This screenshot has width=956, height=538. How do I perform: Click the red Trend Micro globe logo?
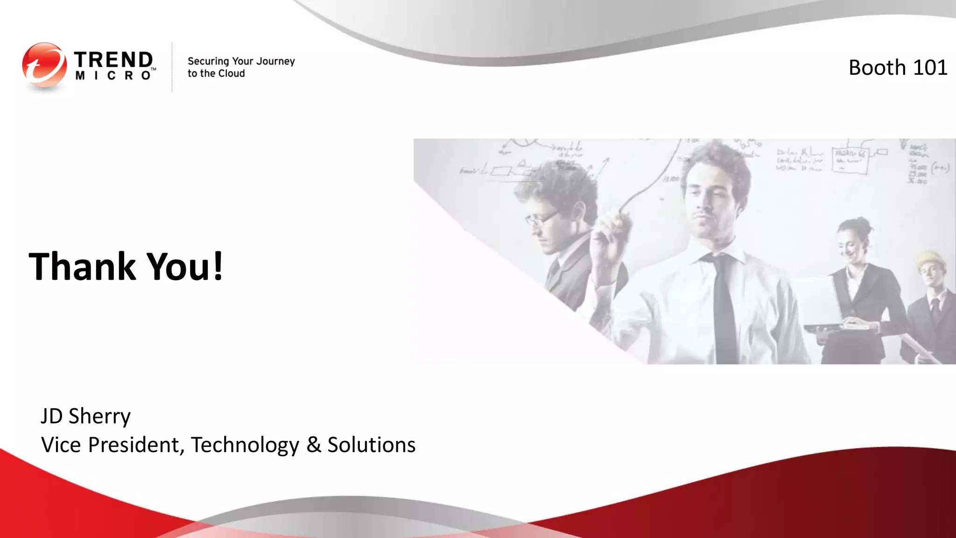pyautogui.click(x=44, y=65)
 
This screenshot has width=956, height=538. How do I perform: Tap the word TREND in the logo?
pyautogui.click(x=113, y=60)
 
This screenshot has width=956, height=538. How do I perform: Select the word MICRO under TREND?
pyautogui.click(x=113, y=76)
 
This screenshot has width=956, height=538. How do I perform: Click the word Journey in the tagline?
pyautogui.click(x=275, y=62)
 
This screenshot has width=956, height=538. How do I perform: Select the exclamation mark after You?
pyautogui.click(x=218, y=266)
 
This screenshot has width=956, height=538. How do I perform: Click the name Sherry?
pyautogui.click(x=99, y=416)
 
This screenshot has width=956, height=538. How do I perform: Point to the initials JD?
pyautogui.click(x=51, y=416)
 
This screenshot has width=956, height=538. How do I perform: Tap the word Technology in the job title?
pyautogui.click(x=245, y=445)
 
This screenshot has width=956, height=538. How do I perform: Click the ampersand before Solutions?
pyautogui.click(x=314, y=445)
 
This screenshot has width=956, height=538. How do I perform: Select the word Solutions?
pyautogui.click(x=371, y=445)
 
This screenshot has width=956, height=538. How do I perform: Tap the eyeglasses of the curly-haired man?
pyautogui.click(x=541, y=218)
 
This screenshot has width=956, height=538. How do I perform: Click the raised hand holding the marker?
pyautogui.click(x=607, y=234)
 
